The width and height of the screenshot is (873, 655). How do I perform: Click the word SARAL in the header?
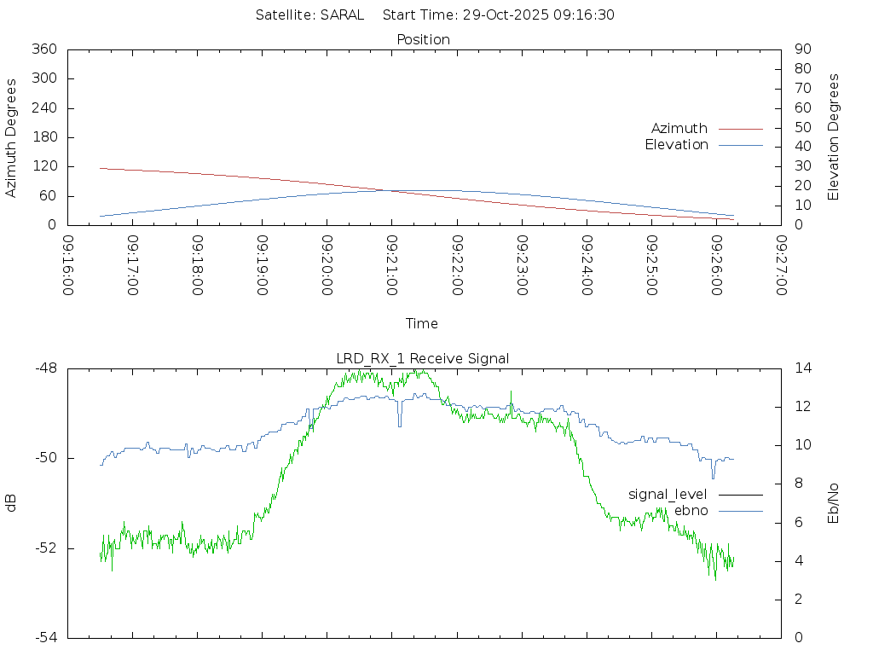[x=342, y=14]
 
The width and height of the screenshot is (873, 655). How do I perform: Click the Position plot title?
[x=424, y=39]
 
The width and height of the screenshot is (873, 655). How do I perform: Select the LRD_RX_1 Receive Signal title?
[x=423, y=358]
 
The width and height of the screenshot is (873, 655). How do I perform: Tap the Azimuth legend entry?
[x=679, y=128]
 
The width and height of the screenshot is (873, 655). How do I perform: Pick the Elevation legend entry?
[x=676, y=145]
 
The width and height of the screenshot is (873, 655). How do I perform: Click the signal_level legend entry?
[x=668, y=494]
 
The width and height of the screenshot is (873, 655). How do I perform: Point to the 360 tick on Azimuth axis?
[x=44, y=49]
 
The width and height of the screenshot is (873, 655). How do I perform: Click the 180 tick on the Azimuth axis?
[x=44, y=137]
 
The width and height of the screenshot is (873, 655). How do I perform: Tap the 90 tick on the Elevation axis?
[x=802, y=49]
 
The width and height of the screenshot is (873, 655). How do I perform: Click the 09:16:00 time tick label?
[x=68, y=266]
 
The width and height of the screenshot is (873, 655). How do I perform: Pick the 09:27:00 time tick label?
[x=781, y=266]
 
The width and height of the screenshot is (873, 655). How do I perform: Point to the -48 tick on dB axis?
[x=46, y=368]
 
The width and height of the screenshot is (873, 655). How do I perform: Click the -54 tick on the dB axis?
[x=46, y=637]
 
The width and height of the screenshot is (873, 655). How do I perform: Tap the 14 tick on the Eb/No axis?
[x=802, y=368]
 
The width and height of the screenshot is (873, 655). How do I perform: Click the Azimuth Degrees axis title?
[x=12, y=137]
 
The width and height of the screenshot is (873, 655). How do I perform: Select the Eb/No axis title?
[x=834, y=502]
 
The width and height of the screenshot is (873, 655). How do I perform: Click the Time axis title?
[x=422, y=323]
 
